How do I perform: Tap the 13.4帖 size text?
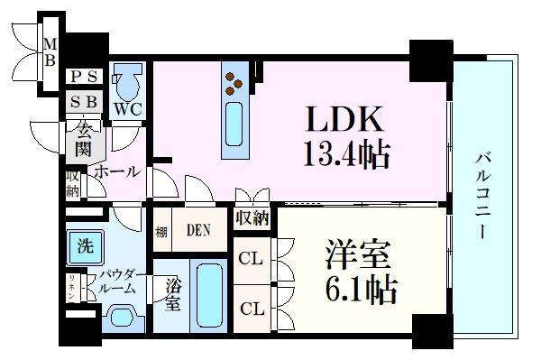(345, 157)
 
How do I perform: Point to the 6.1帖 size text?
(359, 291)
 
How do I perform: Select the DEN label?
(198, 230)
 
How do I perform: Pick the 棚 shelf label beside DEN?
(160, 230)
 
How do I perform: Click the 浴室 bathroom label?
(174, 295)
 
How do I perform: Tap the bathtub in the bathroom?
(210, 297)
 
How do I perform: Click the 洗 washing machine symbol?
(84, 245)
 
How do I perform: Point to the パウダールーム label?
(117, 281)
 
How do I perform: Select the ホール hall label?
(117, 171)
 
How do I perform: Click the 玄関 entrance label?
(83, 141)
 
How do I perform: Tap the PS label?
(86, 77)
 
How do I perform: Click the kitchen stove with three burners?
(234, 82)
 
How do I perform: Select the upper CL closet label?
(251, 258)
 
